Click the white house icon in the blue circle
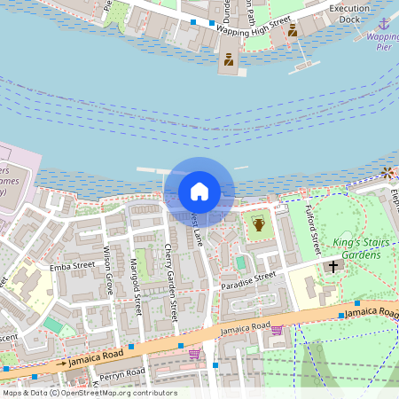pyautogui.click(x=199, y=192)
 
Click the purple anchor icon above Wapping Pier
pyautogui.click(x=383, y=23)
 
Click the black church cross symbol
pyautogui.click(x=334, y=265)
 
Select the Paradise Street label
pyautogui.click(x=252, y=278)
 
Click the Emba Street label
pyautogui.click(x=72, y=264)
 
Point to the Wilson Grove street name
pyautogui.click(x=108, y=270)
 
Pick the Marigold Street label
pyautogui.click(x=137, y=285)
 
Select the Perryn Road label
pyautogui.click(x=121, y=374)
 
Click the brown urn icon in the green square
pyautogui.click(x=258, y=224)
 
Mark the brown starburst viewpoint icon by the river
pyautogui.click(x=387, y=172)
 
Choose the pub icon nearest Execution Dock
pyautogui.click(x=292, y=30)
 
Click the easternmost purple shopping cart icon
pyautogui.click(x=277, y=330)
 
